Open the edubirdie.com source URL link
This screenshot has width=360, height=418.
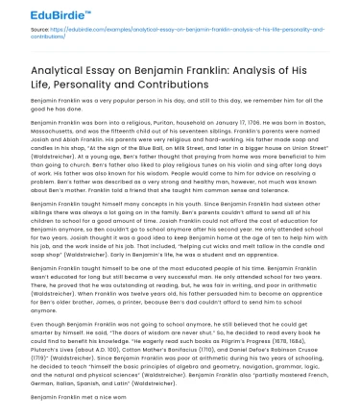coord(182,30)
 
